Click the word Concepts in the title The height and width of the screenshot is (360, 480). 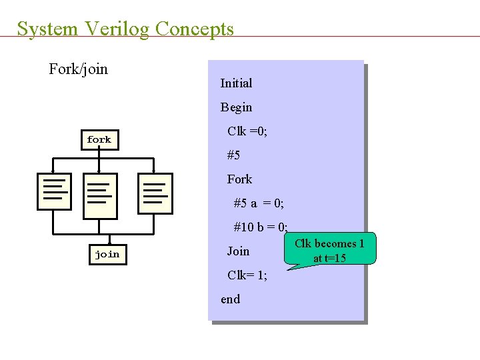(194, 29)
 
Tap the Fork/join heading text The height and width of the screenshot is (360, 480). (78, 69)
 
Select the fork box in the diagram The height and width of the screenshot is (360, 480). (99, 139)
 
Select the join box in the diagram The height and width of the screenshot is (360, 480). (107, 254)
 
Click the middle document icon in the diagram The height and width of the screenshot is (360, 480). (100, 195)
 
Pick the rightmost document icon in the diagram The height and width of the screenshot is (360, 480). (155, 193)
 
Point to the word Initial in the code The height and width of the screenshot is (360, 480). (236, 83)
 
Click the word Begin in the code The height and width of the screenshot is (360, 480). (236, 107)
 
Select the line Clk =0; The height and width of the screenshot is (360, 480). (247, 131)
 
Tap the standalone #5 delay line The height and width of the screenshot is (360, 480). (233, 155)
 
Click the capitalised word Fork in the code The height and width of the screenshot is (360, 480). (239, 179)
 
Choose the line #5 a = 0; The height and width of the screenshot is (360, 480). (259, 203)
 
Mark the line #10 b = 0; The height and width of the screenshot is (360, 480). (261, 227)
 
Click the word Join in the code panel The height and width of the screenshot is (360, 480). (238, 251)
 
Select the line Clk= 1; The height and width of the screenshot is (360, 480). (247, 275)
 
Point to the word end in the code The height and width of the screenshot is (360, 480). (231, 299)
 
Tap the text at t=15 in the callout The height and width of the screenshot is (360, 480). (329, 258)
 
